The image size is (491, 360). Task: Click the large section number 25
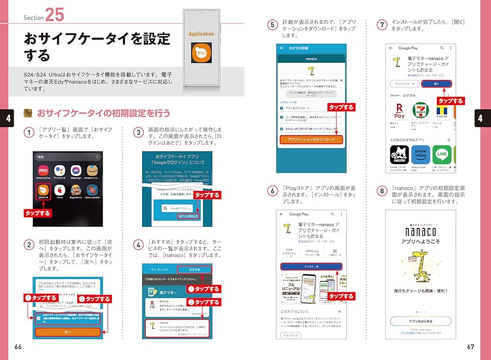click(x=55, y=14)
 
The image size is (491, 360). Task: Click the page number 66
click(x=19, y=347)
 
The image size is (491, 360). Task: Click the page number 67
click(x=471, y=347)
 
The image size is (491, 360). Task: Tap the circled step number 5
click(x=273, y=24)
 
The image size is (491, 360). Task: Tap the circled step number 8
click(x=382, y=191)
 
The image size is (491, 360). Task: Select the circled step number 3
click(x=138, y=133)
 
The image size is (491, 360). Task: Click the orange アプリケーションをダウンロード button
click(x=311, y=139)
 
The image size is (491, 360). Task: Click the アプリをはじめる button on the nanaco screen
click(x=420, y=321)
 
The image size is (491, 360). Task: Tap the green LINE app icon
click(x=441, y=155)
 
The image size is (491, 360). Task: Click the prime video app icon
click(x=420, y=155)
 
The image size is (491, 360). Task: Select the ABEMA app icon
click(x=399, y=155)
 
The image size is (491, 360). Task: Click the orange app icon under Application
click(x=201, y=53)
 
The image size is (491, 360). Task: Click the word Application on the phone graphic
click(x=201, y=34)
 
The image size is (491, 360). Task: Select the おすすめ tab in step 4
click(x=194, y=270)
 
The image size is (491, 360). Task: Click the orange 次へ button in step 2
click(x=68, y=332)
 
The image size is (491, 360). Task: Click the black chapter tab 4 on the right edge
click(x=480, y=118)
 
